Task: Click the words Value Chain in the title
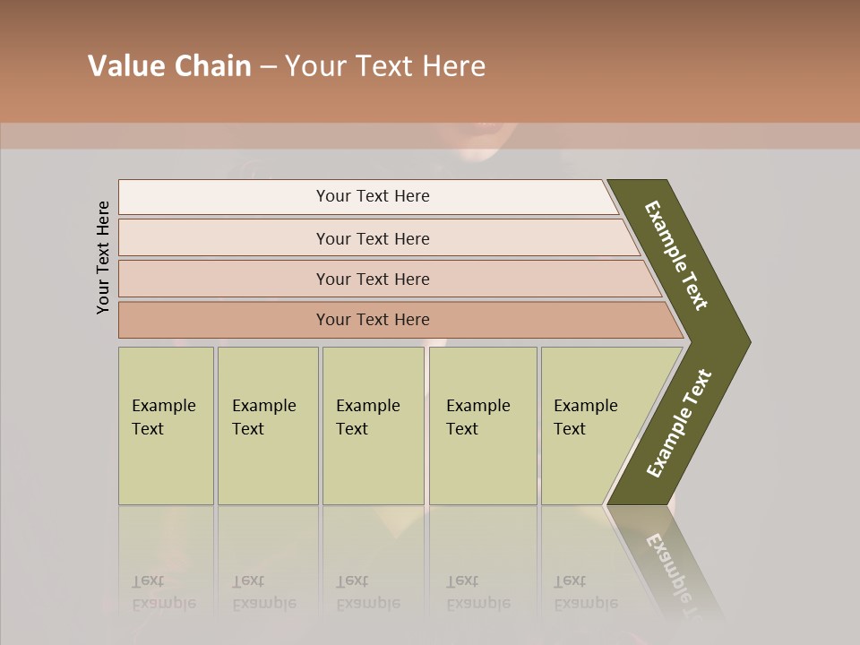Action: (169, 66)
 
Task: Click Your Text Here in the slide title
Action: (385, 66)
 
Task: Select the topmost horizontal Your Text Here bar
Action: (373, 196)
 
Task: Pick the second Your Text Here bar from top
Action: (373, 238)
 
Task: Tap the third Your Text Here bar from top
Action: (373, 279)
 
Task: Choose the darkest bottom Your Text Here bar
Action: (373, 320)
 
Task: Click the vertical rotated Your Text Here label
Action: (104, 257)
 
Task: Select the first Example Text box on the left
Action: (166, 426)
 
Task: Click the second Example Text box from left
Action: (267, 426)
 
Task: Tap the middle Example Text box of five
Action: (373, 426)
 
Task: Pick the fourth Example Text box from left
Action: (482, 426)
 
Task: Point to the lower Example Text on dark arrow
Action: (679, 423)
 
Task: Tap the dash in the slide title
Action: (268, 66)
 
